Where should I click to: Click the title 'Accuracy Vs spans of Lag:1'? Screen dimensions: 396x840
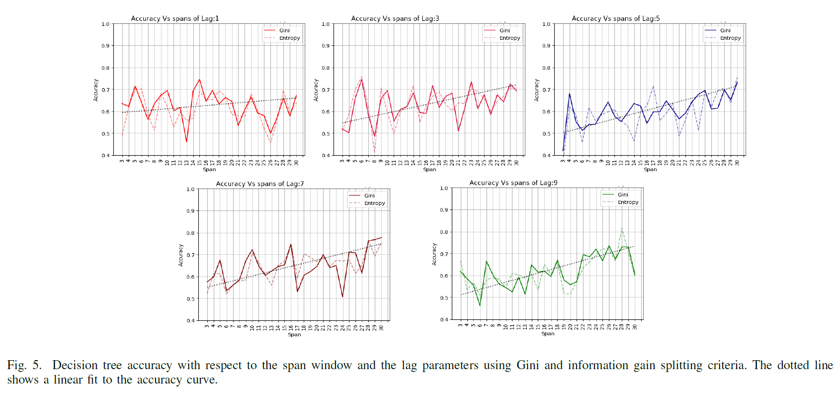click(175, 18)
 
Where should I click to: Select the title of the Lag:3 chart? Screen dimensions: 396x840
click(395, 18)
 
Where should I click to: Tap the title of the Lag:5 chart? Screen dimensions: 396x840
click(616, 18)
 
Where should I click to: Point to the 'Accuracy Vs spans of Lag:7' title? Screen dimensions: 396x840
click(260, 184)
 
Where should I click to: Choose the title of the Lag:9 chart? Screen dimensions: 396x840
click(513, 183)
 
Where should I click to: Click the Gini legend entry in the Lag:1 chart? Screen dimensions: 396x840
click(284, 30)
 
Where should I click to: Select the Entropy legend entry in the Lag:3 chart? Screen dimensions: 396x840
click(509, 38)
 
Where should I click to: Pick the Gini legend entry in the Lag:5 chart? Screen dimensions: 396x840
click(725, 30)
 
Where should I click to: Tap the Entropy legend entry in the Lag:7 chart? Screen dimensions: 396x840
click(374, 203)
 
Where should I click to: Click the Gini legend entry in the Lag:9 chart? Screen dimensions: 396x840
click(623, 195)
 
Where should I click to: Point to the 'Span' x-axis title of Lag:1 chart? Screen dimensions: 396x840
click(209, 170)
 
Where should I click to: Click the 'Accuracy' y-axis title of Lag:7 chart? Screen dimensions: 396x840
click(181, 255)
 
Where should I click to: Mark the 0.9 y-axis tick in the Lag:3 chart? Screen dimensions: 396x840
click(326, 46)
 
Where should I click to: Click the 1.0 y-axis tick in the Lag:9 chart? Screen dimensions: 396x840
click(444, 188)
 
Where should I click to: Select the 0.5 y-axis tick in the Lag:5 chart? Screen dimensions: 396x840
click(546, 133)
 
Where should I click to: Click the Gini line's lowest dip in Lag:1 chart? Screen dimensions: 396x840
click(186, 142)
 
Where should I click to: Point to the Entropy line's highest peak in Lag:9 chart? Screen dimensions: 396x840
click(622, 228)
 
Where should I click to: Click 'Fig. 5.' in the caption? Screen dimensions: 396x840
click(24, 365)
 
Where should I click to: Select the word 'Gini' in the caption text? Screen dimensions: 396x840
click(527, 365)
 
